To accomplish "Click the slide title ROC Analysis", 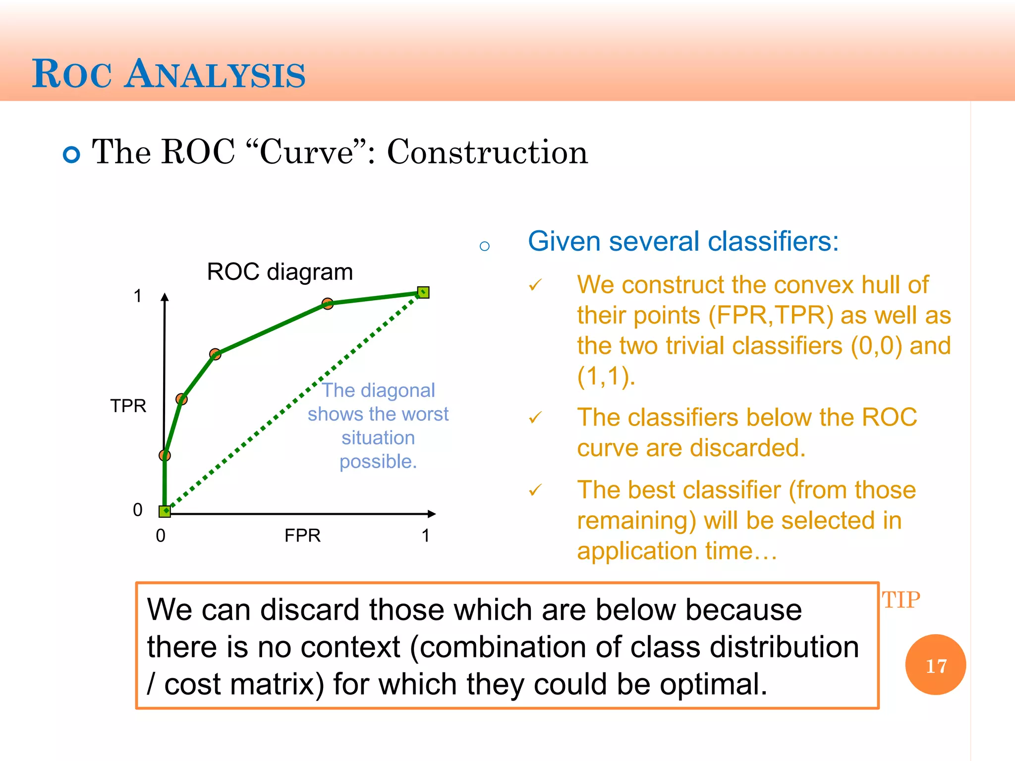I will pyautogui.click(x=169, y=74).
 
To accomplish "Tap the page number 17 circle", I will pyautogui.click(x=935, y=665).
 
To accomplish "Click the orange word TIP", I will pyautogui.click(x=901, y=600).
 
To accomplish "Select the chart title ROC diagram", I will pyautogui.click(x=280, y=272).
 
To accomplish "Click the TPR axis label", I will pyautogui.click(x=128, y=406).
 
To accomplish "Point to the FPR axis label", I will pyautogui.click(x=302, y=536).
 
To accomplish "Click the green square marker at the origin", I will pyautogui.click(x=165, y=511).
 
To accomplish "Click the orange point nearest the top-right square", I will pyautogui.click(x=328, y=303).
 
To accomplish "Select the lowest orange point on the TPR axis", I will pyautogui.click(x=165, y=455).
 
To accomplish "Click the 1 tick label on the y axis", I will pyautogui.click(x=138, y=296).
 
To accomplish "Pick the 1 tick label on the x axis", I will pyautogui.click(x=425, y=536).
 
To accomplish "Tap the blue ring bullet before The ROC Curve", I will pyautogui.click(x=72, y=155).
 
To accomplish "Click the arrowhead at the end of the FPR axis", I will pyautogui.click(x=432, y=514).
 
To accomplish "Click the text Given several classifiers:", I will pyautogui.click(x=683, y=241).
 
